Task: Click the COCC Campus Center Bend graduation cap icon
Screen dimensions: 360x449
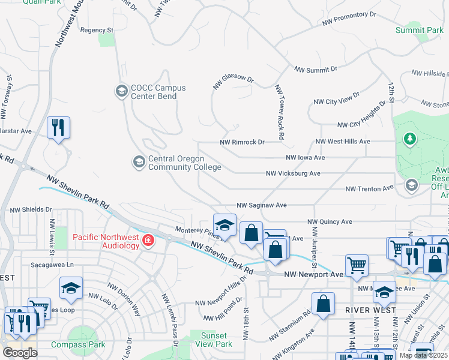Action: [121, 91]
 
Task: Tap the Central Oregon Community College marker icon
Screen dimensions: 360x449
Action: [139, 162]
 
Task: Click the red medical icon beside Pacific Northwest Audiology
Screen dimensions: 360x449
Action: [148, 241]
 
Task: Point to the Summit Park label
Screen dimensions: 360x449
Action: [419, 29]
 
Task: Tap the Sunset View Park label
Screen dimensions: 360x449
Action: [214, 340]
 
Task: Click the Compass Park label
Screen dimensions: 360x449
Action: [78, 344]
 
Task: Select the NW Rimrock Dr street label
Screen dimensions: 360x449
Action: [243, 142]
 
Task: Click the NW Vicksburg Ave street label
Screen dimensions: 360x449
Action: [294, 173]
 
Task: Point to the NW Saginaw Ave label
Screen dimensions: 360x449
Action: [262, 205]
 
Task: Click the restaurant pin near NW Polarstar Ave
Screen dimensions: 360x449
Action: [59, 127]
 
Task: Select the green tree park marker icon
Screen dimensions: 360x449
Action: [410, 139]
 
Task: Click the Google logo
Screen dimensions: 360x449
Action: [20, 353]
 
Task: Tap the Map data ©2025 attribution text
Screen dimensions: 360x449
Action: [423, 355]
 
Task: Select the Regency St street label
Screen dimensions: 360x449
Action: [97, 29]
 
